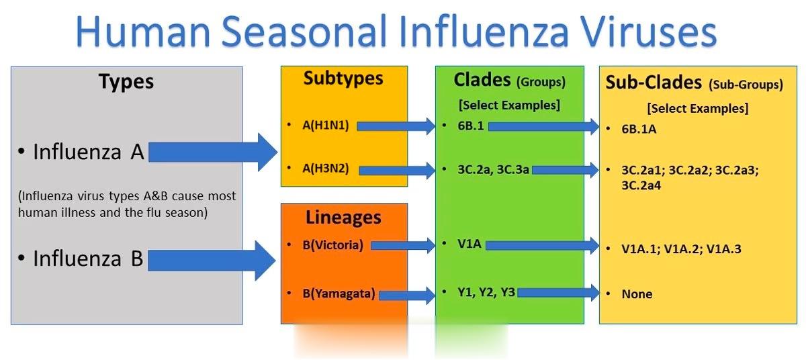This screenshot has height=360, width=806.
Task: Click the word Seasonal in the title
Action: [x=304, y=32]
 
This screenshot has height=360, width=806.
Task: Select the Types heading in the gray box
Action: [x=126, y=82]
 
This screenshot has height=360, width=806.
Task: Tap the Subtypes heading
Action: [x=343, y=79]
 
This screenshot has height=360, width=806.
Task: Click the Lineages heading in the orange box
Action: [x=343, y=218]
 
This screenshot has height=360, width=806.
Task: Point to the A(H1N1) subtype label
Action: [x=326, y=125]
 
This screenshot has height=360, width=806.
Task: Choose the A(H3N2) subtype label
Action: [x=326, y=169]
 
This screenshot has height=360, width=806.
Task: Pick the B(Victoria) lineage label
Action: [x=333, y=245]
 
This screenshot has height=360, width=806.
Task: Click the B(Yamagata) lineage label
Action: [x=339, y=294]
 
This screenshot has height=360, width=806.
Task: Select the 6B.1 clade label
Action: [x=471, y=126]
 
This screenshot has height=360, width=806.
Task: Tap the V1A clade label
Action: [x=469, y=244]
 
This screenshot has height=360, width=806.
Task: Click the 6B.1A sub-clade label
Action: [x=639, y=129]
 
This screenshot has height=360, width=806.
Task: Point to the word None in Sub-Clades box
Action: [x=637, y=294]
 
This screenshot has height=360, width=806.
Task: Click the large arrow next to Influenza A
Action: [x=213, y=152]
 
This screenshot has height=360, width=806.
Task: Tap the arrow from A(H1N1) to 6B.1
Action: [x=396, y=126]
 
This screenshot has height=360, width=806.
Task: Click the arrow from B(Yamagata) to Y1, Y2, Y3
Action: [x=407, y=296]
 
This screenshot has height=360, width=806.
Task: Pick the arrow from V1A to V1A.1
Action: [x=542, y=246]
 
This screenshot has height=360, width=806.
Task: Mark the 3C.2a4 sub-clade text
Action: [x=641, y=185]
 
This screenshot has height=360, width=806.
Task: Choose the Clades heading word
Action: [x=482, y=80]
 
